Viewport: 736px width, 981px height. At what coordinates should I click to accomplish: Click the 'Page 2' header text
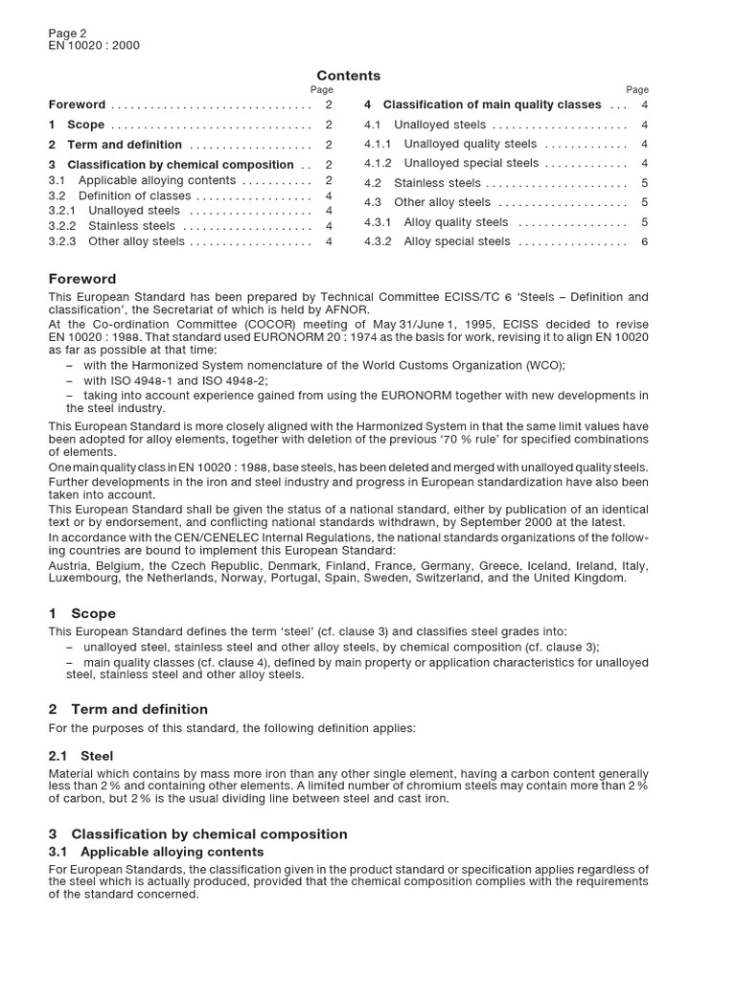coord(67,32)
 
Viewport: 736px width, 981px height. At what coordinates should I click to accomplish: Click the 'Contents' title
coord(348,76)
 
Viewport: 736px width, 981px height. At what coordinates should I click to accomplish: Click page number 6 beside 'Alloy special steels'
coord(645,241)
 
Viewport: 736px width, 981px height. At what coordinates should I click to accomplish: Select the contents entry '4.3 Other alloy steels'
coord(427,202)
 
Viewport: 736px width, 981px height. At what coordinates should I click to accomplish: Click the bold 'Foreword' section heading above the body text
coord(82,279)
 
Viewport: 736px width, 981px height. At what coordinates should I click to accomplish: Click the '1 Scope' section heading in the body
coord(82,613)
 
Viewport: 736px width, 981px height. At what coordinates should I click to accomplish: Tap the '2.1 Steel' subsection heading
coord(81,756)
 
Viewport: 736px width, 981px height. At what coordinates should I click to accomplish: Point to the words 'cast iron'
coord(422,798)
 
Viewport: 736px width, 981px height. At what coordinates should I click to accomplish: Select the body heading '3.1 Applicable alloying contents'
coord(156,852)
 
